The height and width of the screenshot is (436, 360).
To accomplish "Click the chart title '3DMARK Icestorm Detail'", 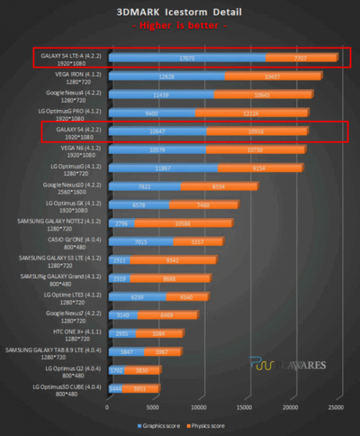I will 179,12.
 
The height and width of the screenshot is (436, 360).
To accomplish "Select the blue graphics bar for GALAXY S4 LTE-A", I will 186,57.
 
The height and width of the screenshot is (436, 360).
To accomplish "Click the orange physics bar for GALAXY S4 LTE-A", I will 301,57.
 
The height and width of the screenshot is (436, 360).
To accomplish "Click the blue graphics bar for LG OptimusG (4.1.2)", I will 163,168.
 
